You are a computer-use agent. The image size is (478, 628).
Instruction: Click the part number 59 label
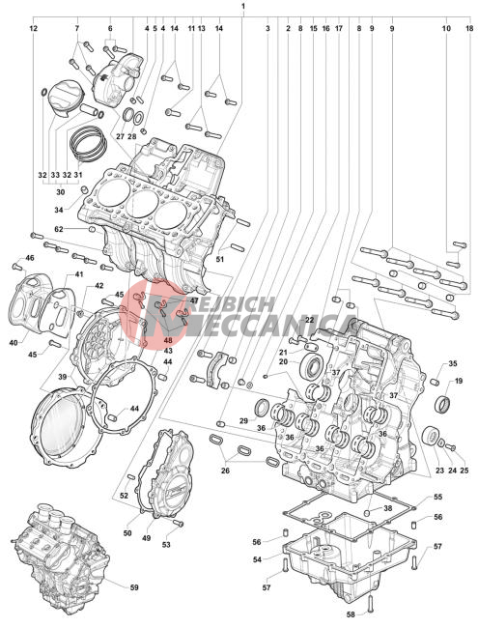pyautogui.click(x=134, y=587)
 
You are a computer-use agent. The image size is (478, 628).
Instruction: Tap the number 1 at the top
pyautogui.click(x=243, y=6)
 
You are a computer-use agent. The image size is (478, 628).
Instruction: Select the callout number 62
pyautogui.click(x=59, y=229)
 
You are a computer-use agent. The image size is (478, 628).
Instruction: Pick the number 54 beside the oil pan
pyautogui.click(x=257, y=559)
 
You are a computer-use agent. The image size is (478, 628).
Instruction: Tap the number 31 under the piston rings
pyautogui.click(x=78, y=175)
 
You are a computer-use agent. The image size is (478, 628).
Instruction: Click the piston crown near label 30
pyautogui.click(x=66, y=93)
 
